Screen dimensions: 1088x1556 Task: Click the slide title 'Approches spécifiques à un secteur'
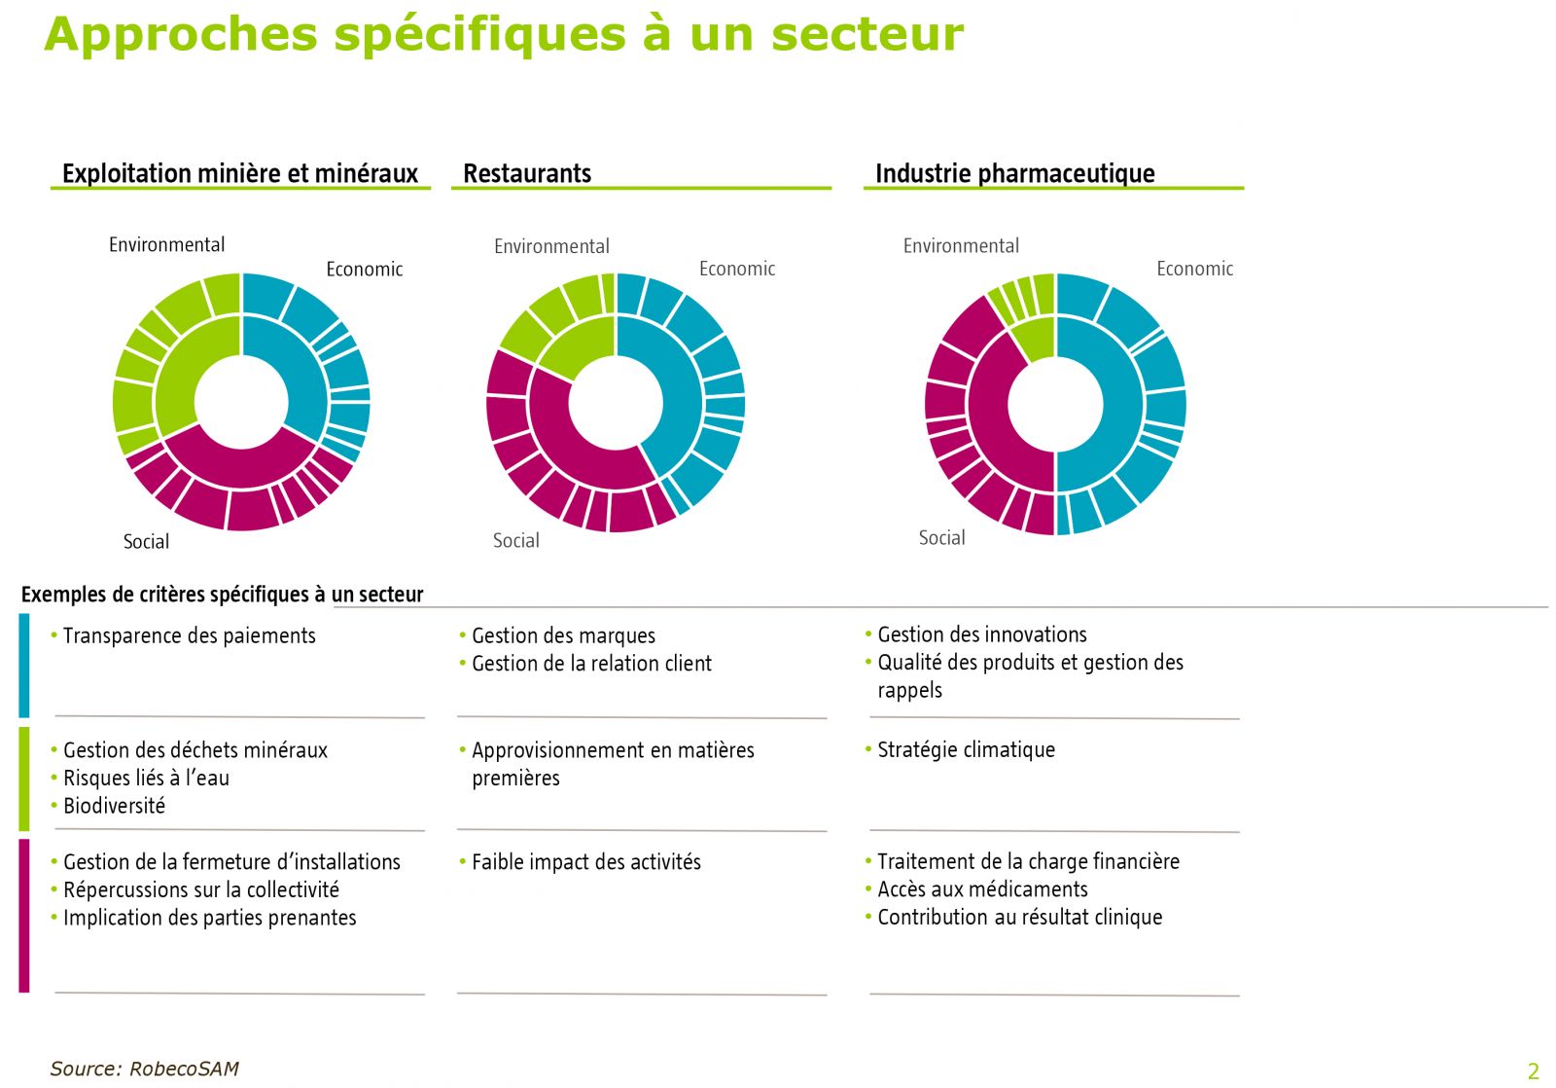pos(504,34)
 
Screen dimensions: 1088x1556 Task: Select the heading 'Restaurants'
pos(527,173)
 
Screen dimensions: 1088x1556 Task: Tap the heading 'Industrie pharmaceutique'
pos(1014,173)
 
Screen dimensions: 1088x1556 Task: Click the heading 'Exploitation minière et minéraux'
pos(239,173)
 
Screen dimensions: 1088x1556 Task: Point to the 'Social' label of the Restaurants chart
pos(515,540)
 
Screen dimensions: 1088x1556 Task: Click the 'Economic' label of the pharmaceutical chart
pos(1194,269)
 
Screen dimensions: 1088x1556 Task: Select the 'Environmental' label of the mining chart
pos(166,244)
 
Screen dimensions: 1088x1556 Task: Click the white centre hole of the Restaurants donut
pos(616,403)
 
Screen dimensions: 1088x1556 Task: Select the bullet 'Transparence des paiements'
pos(189,635)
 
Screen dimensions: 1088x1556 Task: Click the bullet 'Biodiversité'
pos(114,806)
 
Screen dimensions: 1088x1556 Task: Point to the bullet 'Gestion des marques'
pos(563,635)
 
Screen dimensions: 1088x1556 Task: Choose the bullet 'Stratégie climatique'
pos(966,749)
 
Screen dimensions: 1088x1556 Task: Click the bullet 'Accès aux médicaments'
pos(982,889)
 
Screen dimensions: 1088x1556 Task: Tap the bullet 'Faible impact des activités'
pos(585,862)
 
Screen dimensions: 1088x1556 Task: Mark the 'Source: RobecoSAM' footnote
pos(144,1069)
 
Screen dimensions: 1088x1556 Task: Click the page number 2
pos(1534,1071)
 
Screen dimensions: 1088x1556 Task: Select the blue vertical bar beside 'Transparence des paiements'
pos(24,666)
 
